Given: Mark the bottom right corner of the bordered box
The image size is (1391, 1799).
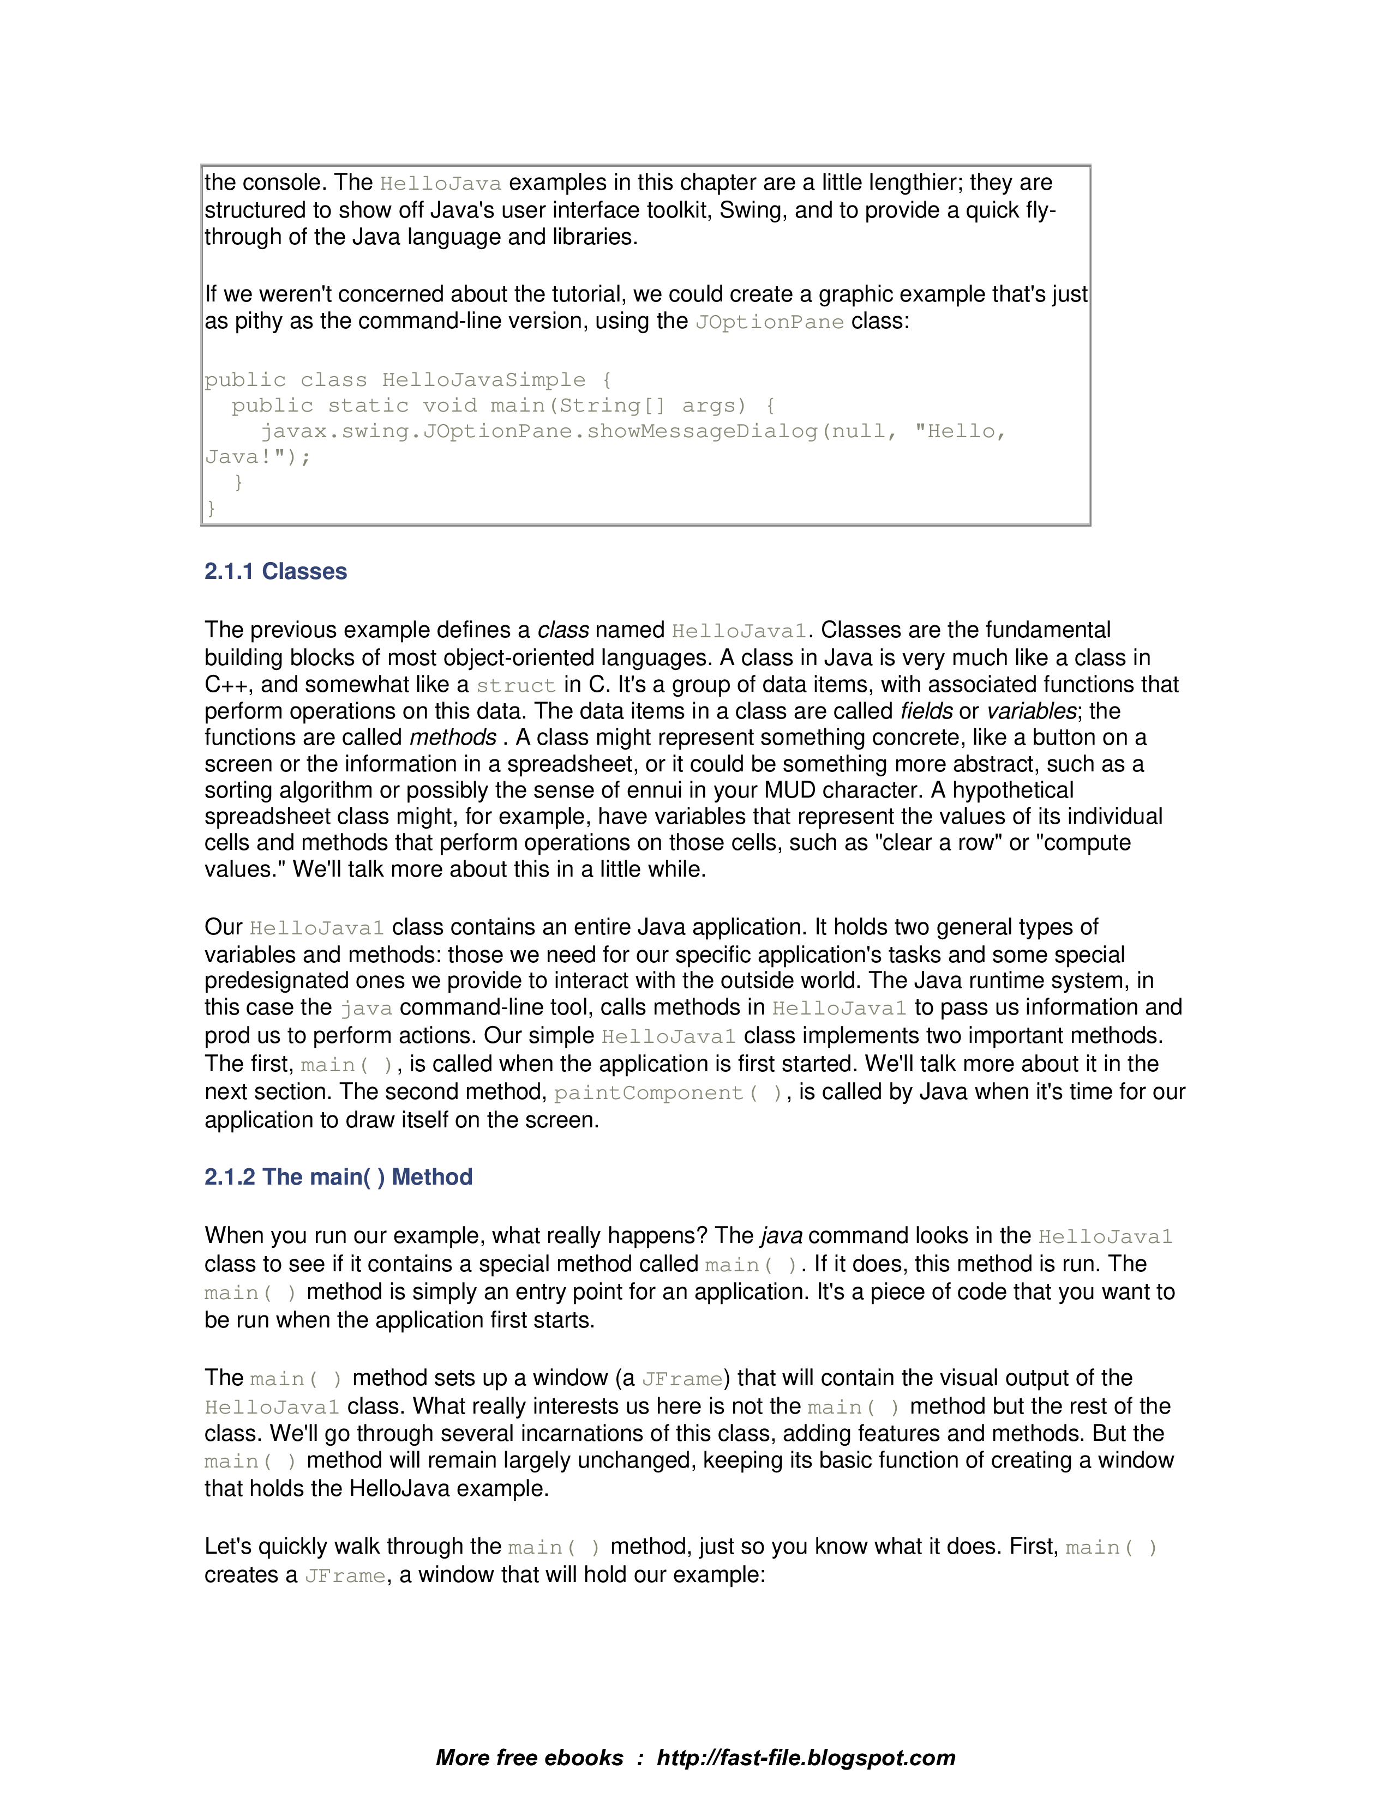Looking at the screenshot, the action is pyautogui.click(x=1090, y=524).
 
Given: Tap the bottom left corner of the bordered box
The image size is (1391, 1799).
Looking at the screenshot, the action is pyautogui.click(x=202, y=524).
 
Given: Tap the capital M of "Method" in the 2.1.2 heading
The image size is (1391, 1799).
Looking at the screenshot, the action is pyautogui.click(x=401, y=1176).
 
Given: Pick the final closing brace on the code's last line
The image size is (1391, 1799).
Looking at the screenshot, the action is pyautogui.click(x=211, y=508).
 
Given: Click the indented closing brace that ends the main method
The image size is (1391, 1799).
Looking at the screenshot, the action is pyautogui.click(x=239, y=482).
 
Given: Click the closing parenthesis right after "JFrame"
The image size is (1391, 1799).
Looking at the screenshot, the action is pyautogui.click(x=727, y=1378).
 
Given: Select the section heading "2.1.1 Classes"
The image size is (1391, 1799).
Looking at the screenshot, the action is pyautogui.click(x=275, y=572).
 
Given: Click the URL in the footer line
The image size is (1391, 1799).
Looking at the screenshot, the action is pyautogui.click(x=806, y=1758).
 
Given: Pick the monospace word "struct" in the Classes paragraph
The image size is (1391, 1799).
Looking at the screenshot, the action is pyautogui.click(x=516, y=685).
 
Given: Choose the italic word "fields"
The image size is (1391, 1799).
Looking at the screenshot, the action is pyautogui.click(x=926, y=711).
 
